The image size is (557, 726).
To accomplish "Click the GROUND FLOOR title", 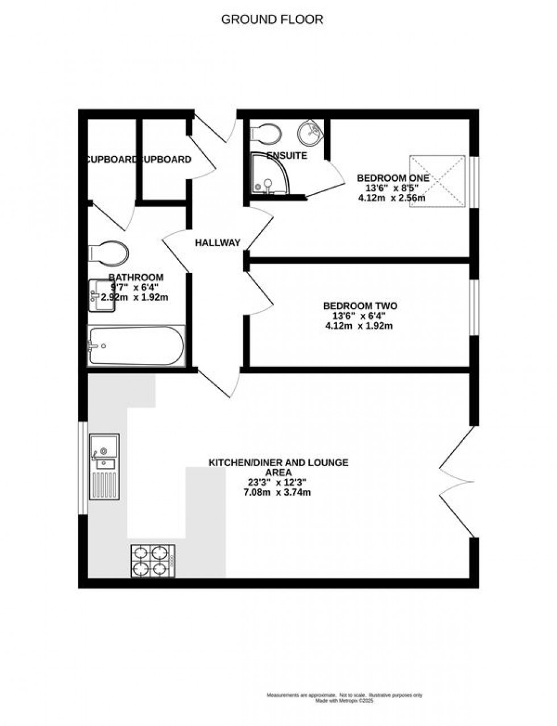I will [272, 20].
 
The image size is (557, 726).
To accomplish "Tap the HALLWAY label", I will [218, 243].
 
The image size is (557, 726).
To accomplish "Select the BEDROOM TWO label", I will [360, 306].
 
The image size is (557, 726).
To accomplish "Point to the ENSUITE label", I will [287, 155].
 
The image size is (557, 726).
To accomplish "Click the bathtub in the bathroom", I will [136, 345].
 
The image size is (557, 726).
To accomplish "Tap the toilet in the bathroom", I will [109, 253].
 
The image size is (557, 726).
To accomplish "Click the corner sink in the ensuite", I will [310, 132].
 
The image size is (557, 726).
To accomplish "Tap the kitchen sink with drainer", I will [104, 466].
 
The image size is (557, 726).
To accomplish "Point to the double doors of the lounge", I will [456, 482].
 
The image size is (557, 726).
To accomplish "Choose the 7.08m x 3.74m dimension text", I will [278, 492].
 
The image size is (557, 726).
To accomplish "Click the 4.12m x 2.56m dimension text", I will [392, 198].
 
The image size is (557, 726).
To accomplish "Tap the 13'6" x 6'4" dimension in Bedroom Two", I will [360, 316].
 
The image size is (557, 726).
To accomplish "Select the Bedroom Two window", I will [474, 307].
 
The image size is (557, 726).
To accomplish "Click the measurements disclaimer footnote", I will [344, 696].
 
